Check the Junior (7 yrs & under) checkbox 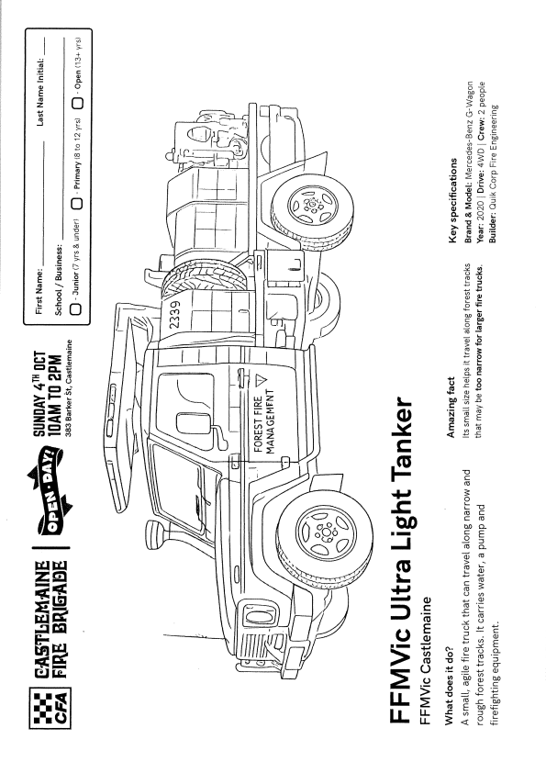76,308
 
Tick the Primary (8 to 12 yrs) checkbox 77,203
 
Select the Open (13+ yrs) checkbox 78,103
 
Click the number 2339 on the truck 174,315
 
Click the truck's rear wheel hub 313,205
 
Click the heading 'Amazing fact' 450,408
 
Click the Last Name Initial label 40,91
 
